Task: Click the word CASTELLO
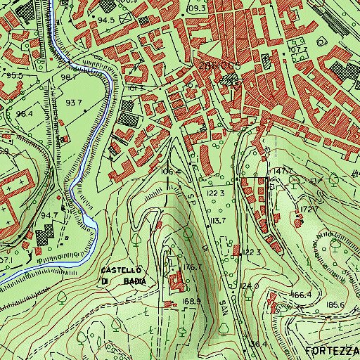[x=122, y=270]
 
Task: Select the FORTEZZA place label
[x=333, y=349]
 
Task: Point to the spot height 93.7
[x=74, y=102]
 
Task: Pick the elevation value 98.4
[x=25, y=113]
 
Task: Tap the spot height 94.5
[x=106, y=20]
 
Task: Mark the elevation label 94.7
[x=49, y=215]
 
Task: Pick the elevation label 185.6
[x=334, y=304]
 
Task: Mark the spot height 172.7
[x=310, y=209]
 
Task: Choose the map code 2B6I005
[x=219, y=65]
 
